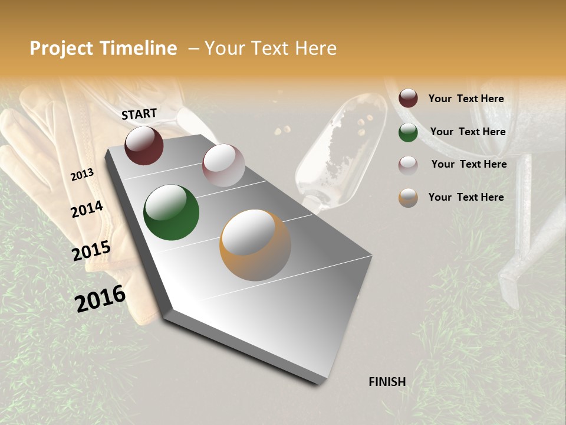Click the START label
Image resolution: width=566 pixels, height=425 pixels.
click(x=139, y=114)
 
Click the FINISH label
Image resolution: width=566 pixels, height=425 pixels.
click(x=387, y=382)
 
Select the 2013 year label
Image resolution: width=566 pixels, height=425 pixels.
click(x=82, y=175)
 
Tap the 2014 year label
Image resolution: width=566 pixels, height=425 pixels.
click(x=87, y=209)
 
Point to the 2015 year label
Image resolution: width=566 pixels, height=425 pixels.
click(x=91, y=251)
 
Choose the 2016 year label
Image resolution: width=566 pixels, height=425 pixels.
click(x=100, y=298)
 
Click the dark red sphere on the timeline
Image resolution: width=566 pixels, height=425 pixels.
click(x=144, y=145)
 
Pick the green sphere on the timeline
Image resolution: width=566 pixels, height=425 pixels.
click(x=171, y=212)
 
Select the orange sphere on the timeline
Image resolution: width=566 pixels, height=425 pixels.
click(x=255, y=245)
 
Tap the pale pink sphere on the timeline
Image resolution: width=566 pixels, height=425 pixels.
click(x=223, y=165)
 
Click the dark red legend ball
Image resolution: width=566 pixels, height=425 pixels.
click(x=408, y=99)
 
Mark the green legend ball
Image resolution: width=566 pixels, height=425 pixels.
click(x=408, y=132)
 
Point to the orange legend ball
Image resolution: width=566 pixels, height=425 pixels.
click(x=408, y=198)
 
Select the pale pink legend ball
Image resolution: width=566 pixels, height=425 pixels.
click(x=408, y=165)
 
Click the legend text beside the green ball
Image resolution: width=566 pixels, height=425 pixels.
click(x=468, y=132)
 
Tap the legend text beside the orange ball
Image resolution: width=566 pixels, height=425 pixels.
click(x=466, y=197)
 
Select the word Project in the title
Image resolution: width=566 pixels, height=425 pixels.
click(x=62, y=48)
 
